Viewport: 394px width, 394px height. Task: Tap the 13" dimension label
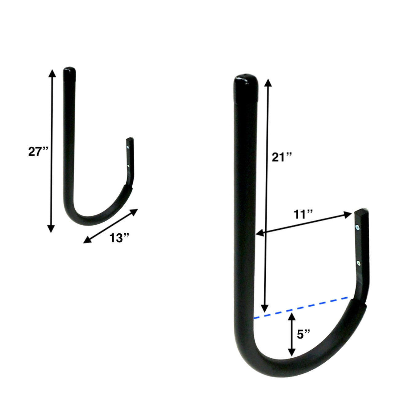[x=119, y=238]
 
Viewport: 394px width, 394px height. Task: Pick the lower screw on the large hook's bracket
[x=358, y=263]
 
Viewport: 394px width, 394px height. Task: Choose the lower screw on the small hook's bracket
[x=129, y=166]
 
